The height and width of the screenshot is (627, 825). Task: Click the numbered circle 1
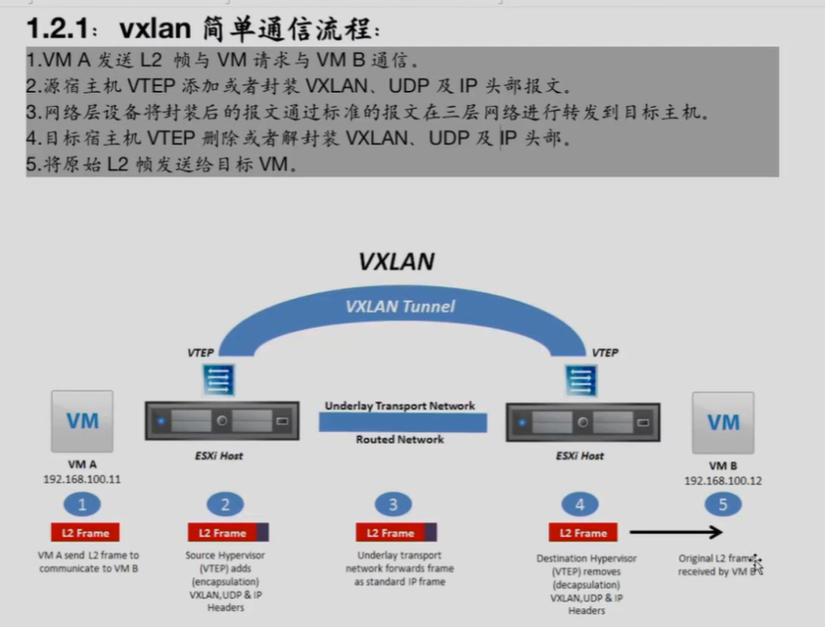82,505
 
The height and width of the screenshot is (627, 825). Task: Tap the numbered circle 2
224,505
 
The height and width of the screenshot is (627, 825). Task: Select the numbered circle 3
391,505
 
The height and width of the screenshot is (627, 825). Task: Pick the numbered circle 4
579,505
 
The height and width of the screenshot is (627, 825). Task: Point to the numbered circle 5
722,505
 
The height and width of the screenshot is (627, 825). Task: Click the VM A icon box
82,421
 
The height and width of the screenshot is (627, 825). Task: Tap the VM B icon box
723,422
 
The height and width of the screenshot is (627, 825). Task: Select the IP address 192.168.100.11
82,480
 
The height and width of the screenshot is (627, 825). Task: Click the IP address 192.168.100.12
723,481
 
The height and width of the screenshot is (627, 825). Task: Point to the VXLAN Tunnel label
399,307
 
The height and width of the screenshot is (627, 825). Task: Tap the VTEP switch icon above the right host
582,380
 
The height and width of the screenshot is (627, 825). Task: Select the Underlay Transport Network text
399,406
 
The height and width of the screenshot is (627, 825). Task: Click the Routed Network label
399,440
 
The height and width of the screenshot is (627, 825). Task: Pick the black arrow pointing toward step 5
675,533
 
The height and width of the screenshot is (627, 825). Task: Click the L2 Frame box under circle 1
86,533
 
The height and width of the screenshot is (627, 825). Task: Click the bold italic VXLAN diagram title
395,262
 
